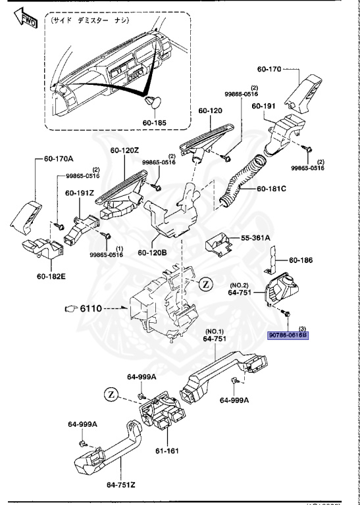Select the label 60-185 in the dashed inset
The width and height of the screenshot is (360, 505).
coord(155,121)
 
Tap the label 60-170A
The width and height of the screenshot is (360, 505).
coord(60,158)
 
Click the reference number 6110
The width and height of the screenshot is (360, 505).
coord(95,308)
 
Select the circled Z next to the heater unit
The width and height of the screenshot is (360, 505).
coord(206,285)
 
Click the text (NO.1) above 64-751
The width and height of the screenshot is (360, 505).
coord(215,331)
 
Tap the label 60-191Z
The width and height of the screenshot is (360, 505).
coord(80,193)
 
